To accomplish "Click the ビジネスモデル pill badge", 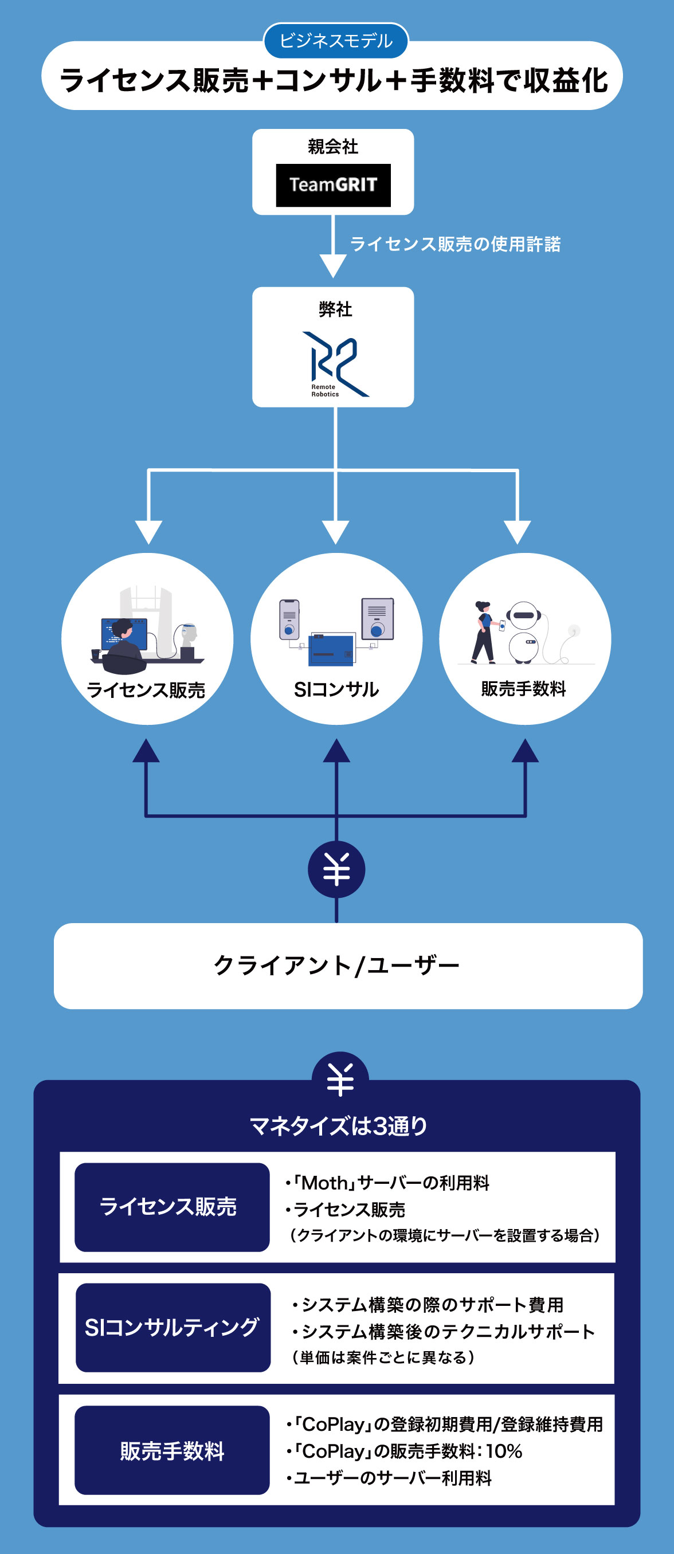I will point(336,41).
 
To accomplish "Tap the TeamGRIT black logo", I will point(333,185).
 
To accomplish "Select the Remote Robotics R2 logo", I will point(335,364).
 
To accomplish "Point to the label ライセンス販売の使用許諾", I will point(455,244).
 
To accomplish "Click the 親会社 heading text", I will point(333,147).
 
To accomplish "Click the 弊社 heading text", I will point(335,309).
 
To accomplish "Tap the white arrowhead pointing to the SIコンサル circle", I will point(335,532).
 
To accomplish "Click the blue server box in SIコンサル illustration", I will point(331,650).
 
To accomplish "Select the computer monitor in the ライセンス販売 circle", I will point(124,634).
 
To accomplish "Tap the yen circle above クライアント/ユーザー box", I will point(336,869).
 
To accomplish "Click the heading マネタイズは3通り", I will point(338,1126).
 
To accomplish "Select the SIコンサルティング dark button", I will point(173,1327).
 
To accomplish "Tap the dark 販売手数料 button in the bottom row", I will point(171,1450).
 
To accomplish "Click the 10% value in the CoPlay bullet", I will point(504,1451).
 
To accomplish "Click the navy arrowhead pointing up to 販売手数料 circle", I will point(525,752).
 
